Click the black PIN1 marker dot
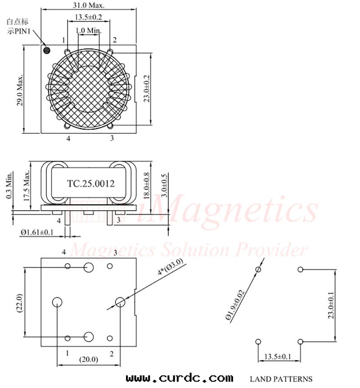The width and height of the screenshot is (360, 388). [x=46, y=50]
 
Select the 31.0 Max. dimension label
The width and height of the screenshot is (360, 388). [x=89, y=5]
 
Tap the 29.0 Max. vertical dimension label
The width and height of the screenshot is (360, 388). [x=20, y=90]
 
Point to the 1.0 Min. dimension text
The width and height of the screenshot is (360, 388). [x=89, y=31]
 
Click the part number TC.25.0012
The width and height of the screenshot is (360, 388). [x=91, y=184]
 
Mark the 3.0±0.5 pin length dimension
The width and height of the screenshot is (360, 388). [x=164, y=185]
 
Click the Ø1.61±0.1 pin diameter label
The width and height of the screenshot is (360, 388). [x=37, y=232]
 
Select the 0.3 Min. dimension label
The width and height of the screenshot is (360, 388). [x=9, y=185]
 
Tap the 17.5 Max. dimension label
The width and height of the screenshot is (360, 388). [x=27, y=185]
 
